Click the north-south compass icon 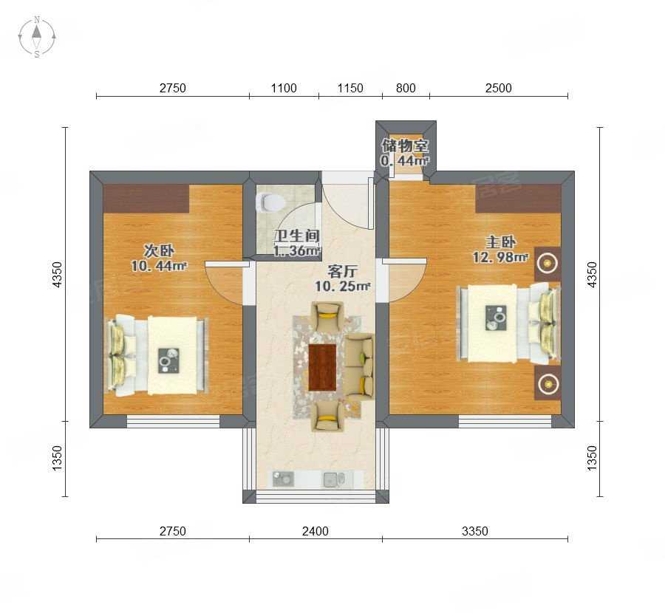pos(37,37)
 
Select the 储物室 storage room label pos(405,145)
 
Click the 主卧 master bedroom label pos(500,242)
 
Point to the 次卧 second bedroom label pos(159,250)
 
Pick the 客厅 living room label pos(342,271)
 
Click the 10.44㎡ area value pos(159,266)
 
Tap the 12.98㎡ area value pos(500,257)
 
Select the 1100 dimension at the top pos(284,88)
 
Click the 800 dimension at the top pos(406,88)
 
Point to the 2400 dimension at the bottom pos(315,531)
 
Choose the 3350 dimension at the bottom pos(474,531)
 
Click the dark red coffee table pos(322,367)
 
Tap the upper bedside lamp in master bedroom pos(548,264)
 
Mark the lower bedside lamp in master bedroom pos(548,383)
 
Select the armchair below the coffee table pos(327,417)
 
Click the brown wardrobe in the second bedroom pos(146,199)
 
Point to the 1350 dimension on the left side pos(57,458)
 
